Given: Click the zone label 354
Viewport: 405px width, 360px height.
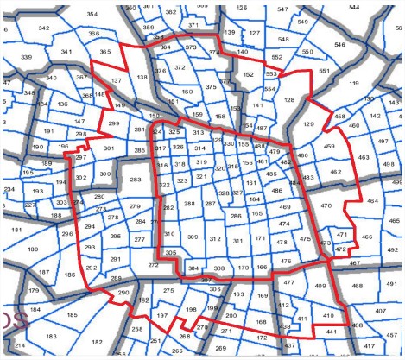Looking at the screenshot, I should (92, 15).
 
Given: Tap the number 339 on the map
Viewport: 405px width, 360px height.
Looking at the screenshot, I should (26, 58).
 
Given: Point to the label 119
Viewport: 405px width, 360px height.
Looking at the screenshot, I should (353, 83).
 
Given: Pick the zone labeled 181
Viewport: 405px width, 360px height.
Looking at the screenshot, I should (18, 230).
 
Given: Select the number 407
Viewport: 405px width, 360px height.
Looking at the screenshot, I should (381, 311).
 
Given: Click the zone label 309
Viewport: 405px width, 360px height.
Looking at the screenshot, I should (192, 237).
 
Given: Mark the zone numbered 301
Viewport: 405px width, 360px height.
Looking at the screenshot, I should (108, 148).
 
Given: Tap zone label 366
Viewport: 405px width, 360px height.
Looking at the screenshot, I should (93, 34).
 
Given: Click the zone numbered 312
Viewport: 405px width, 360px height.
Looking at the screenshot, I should (214, 238).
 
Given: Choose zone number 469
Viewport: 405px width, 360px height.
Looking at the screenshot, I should (284, 208).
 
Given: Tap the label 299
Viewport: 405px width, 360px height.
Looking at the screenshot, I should (114, 124).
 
